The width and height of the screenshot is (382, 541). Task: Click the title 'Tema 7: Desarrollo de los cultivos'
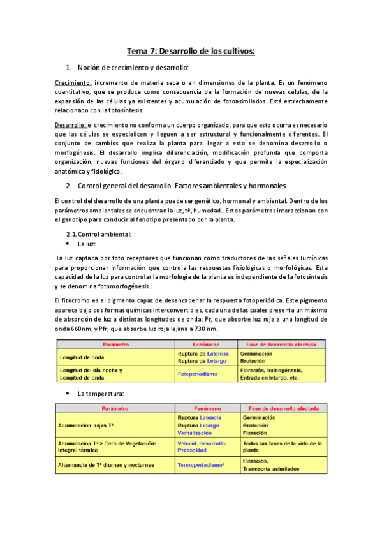(191, 50)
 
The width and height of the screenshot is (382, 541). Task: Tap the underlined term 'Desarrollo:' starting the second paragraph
(70, 125)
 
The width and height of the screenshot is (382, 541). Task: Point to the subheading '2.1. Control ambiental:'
(103, 235)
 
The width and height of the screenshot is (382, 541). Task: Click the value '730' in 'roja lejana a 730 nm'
(200, 329)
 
